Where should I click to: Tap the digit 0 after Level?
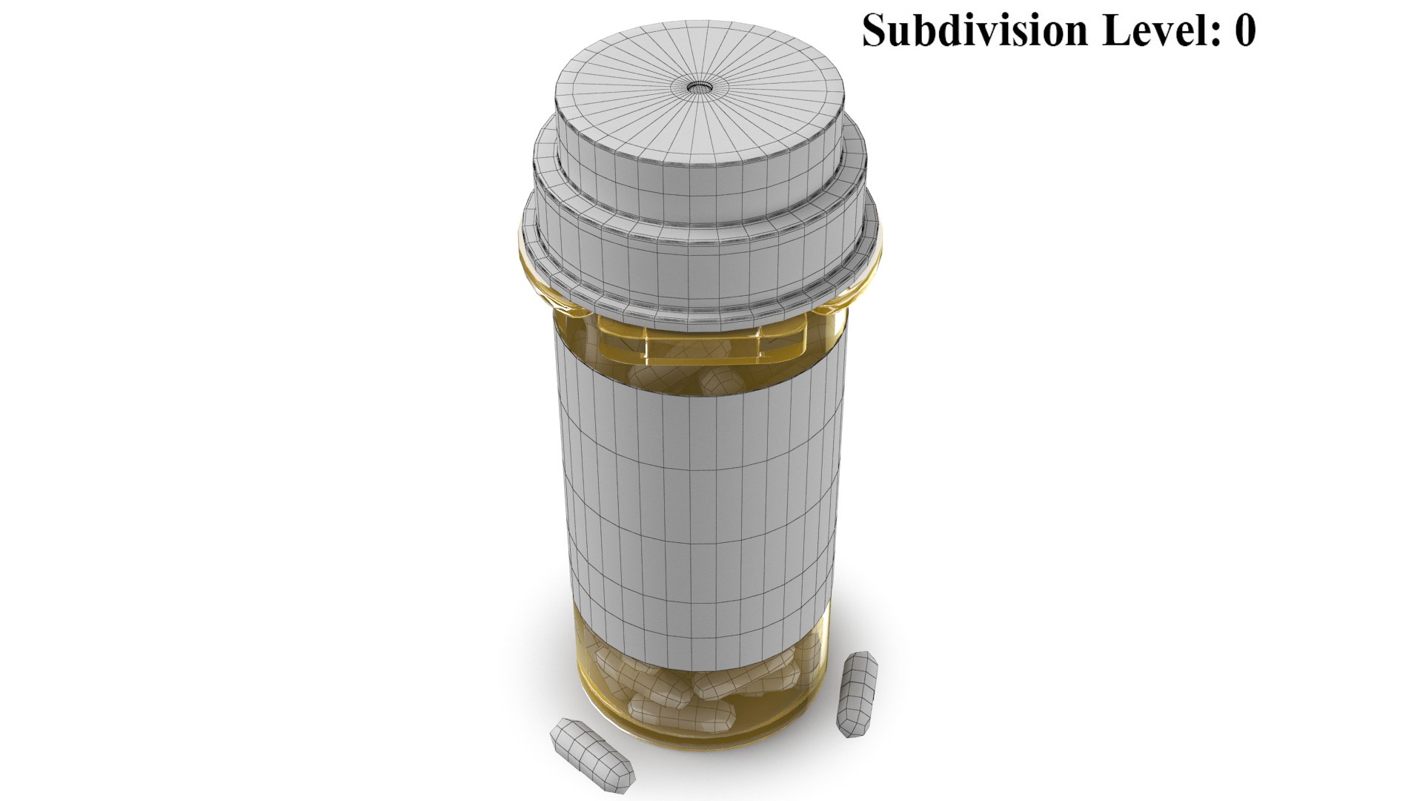[x=1244, y=32]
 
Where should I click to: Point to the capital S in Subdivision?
[x=875, y=31]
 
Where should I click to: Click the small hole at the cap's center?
[x=698, y=88]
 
